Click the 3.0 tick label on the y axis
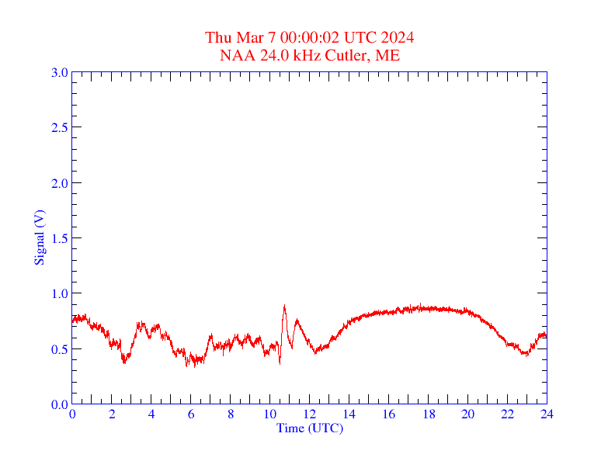pos(59,73)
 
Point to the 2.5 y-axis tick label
pos(59,128)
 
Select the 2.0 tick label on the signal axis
pos(59,183)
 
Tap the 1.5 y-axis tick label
pos(59,239)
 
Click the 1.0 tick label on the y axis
pos(59,294)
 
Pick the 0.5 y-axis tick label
pos(59,349)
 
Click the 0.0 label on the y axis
pos(59,405)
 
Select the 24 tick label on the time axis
pos(547,414)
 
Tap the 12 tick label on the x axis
pos(310,414)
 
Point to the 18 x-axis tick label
pos(428,414)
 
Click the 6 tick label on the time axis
pos(191,414)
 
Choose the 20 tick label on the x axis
pos(467,414)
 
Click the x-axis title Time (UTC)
pos(310,428)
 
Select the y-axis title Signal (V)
pos(40,237)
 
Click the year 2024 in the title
pos(397,38)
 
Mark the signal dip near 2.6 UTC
pos(123,361)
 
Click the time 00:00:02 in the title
pos(309,38)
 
